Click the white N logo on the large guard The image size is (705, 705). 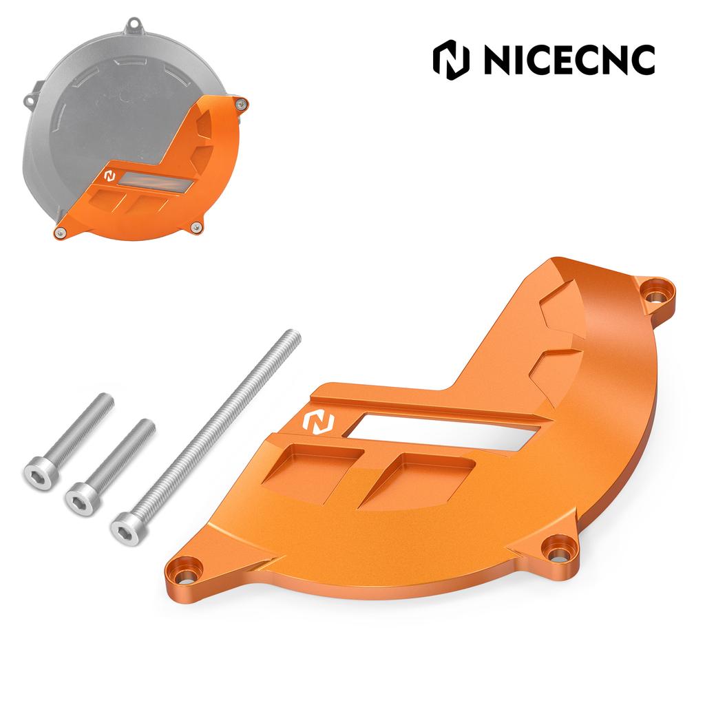(318, 421)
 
